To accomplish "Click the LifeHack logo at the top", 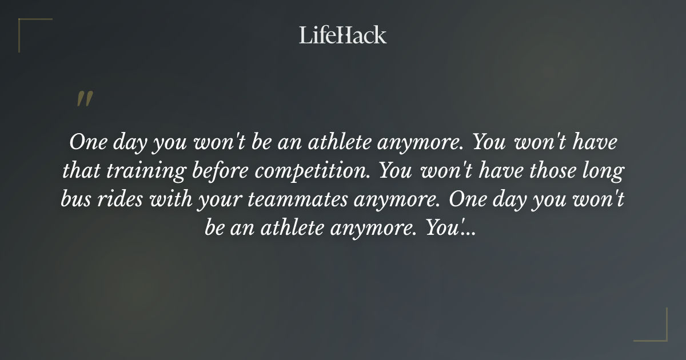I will pos(342,35).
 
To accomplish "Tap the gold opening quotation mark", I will pos(84,99).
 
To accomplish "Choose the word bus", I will pos(75,199).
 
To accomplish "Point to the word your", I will pos(219,199).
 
